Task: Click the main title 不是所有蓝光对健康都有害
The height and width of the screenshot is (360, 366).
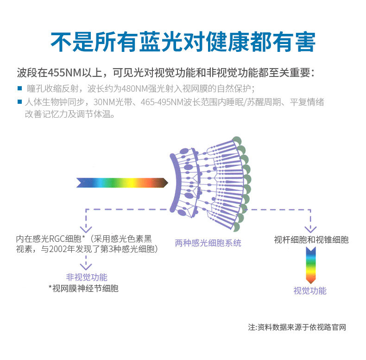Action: (x=183, y=42)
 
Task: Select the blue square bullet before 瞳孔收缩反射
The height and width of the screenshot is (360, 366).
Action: (x=20, y=88)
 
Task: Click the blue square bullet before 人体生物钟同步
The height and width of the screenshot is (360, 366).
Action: (x=20, y=101)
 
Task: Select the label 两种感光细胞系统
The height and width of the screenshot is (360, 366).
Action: (x=208, y=243)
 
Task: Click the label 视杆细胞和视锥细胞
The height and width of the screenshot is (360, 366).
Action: (x=311, y=240)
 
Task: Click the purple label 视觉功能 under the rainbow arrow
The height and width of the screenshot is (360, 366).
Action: (x=310, y=291)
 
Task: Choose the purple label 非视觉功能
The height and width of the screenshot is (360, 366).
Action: (x=87, y=278)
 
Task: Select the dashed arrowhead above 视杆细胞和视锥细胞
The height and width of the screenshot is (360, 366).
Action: (x=310, y=228)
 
